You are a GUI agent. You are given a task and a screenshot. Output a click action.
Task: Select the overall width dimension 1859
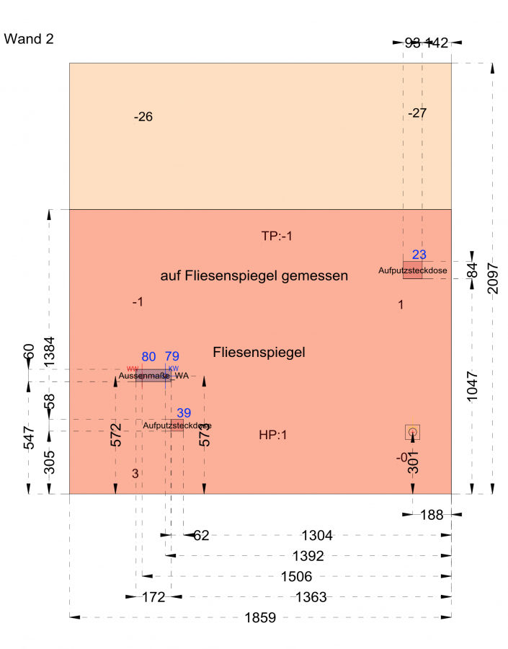coord(260,618)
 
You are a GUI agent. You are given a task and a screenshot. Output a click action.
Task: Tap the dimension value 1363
coord(311,597)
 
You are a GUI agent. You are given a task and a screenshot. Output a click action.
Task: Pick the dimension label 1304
coord(317,536)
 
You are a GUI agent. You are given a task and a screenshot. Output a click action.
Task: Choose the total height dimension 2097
coord(493,278)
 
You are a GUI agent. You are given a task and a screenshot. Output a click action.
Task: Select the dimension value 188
coord(432,515)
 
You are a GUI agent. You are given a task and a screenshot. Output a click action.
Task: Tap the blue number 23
coord(419,255)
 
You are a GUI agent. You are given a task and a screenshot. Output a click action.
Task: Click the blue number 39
coord(184,413)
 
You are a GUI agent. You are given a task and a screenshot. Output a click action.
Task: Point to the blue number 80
coord(149,356)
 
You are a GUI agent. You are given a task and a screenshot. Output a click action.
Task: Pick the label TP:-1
coord(278,236)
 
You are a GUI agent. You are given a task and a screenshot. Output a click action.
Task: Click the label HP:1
coord(273,435)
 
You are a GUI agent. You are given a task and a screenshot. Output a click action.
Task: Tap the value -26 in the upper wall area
coord(143,117)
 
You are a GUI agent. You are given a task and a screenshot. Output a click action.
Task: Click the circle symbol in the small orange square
coord(412,432)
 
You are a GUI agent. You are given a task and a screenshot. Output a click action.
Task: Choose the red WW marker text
coord(132,368)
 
